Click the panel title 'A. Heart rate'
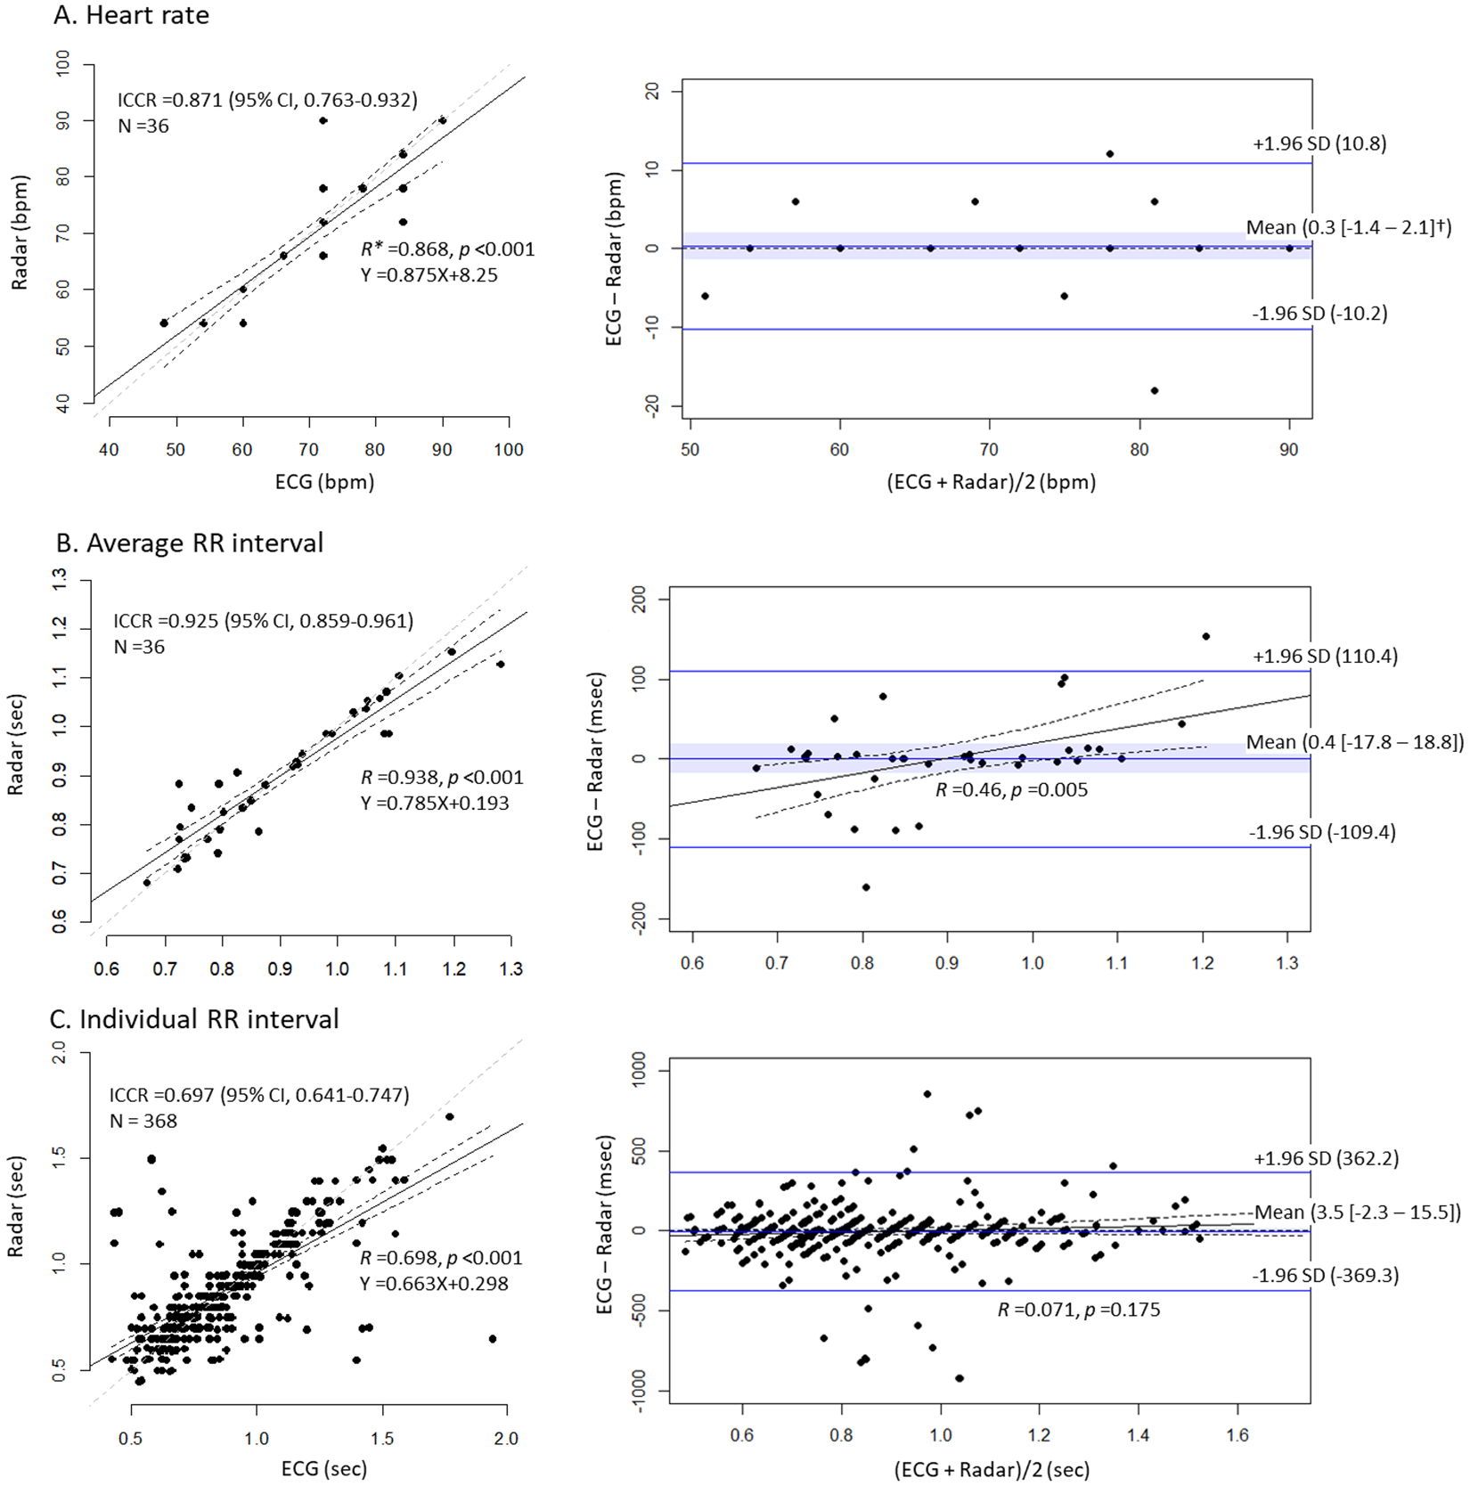(131, 15)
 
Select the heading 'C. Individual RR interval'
(194, 1019)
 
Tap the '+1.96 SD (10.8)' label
(1319, 143)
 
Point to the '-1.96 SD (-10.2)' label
(1319, 314)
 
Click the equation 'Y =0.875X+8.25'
(429, 275)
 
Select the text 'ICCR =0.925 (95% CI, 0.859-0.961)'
(263, 621)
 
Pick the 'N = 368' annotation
(143, 1121)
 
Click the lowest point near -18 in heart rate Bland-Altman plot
(1155, 390)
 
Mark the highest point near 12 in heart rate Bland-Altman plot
(1110, 154)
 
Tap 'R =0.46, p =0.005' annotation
(1011, 789)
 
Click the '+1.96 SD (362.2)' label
(1326, 1158)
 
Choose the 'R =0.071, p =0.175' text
(1079, 1310)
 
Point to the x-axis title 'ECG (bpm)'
(324, 482)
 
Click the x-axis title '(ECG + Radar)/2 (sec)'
(992, 1470)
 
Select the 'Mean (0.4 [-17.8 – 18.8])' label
(1354, 742)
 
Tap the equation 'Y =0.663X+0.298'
(434, 1284)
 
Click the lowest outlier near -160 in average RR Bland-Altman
(866, 887)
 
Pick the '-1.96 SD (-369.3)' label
(1326, 1276)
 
